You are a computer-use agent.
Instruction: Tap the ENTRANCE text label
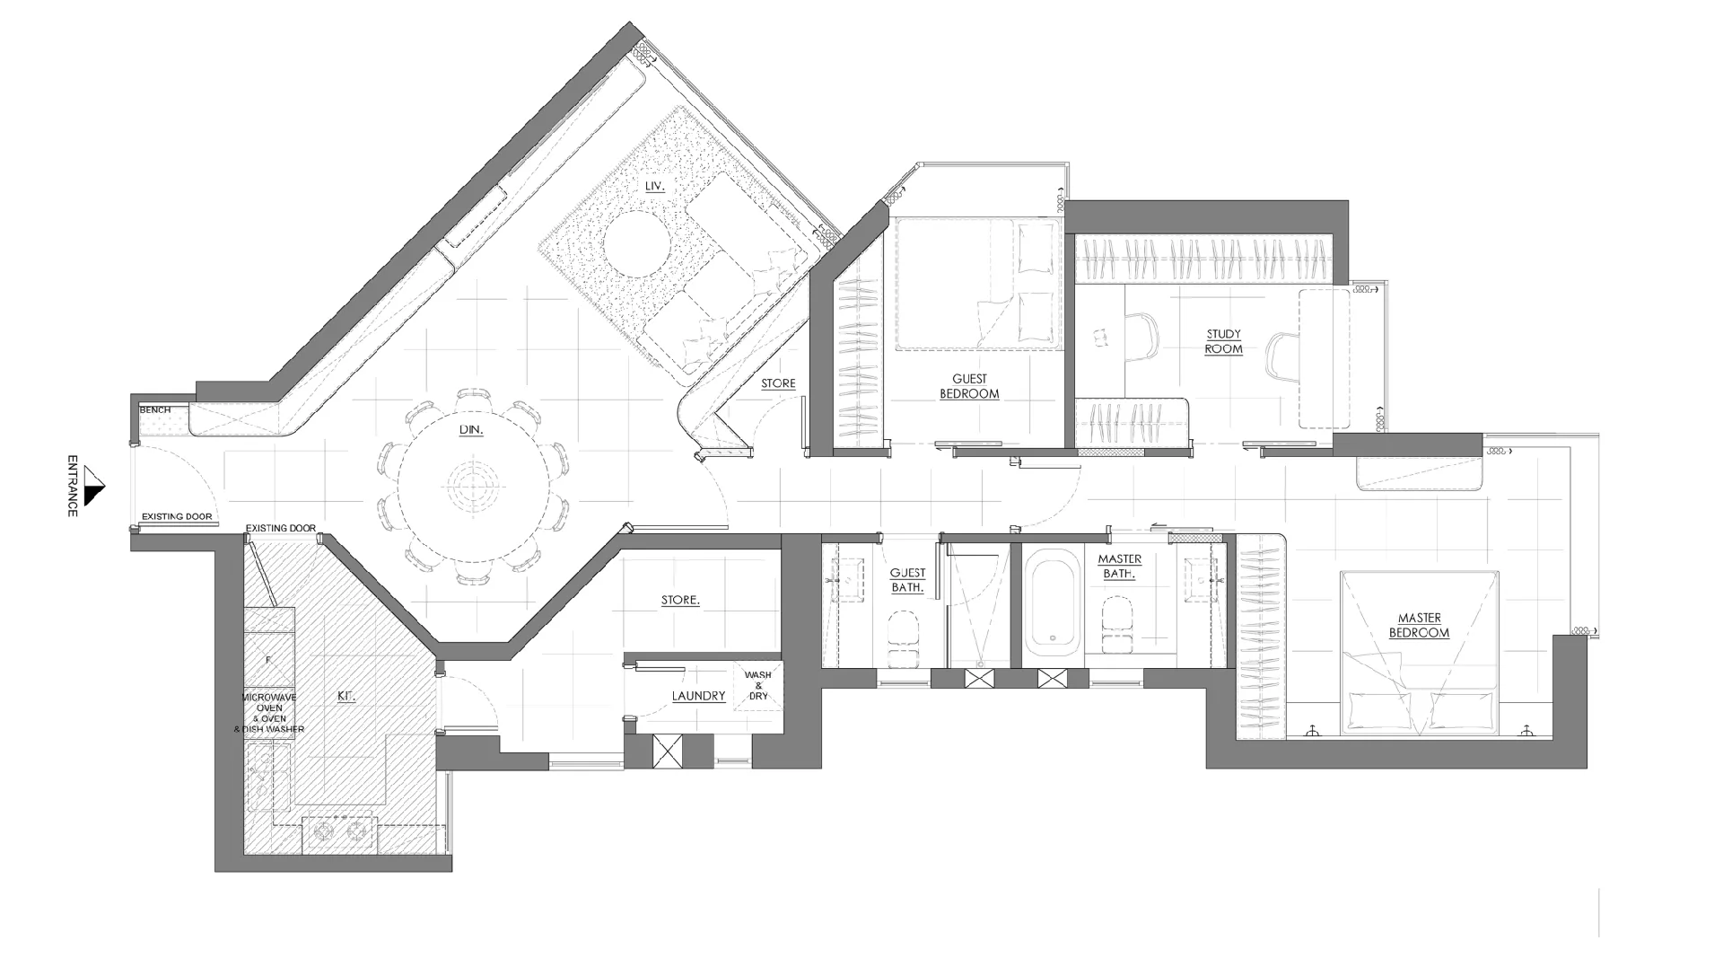(73, 485)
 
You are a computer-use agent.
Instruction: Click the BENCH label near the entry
(154, 410)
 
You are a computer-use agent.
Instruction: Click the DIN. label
(471, 430)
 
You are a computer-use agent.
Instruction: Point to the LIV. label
(654, 186)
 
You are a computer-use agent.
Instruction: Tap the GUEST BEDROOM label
(969, 386)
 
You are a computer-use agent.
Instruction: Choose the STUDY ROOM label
(1224, 342)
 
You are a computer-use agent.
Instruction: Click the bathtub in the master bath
(1054, 602)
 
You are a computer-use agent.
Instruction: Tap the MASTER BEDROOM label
(1419, 625)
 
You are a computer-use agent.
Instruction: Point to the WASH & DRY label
(758, 686)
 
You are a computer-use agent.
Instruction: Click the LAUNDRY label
(698, 696)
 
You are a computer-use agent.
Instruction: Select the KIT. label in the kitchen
(346, 696)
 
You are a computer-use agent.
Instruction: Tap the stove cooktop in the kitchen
(340, 833)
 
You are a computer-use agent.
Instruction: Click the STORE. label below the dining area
(680, 600)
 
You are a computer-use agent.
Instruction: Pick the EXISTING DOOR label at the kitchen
(281, 528)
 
